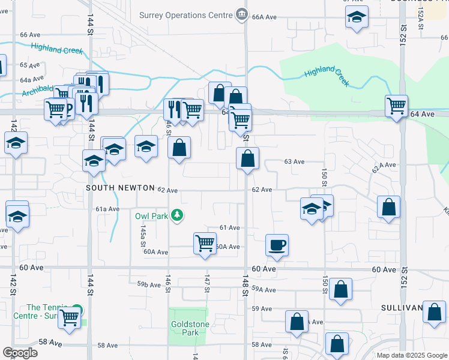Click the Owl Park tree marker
(176, 215)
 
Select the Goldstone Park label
(185, 328)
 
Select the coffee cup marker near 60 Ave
(277, 245)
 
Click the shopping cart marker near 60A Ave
(205, 244)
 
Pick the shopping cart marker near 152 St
(396, 107)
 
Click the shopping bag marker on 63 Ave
(247, 160)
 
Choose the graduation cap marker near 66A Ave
(357, 19)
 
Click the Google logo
(20, 352)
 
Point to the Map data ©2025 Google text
(411, 355)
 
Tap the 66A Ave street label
(264, 17)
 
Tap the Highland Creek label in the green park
(327, 76)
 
